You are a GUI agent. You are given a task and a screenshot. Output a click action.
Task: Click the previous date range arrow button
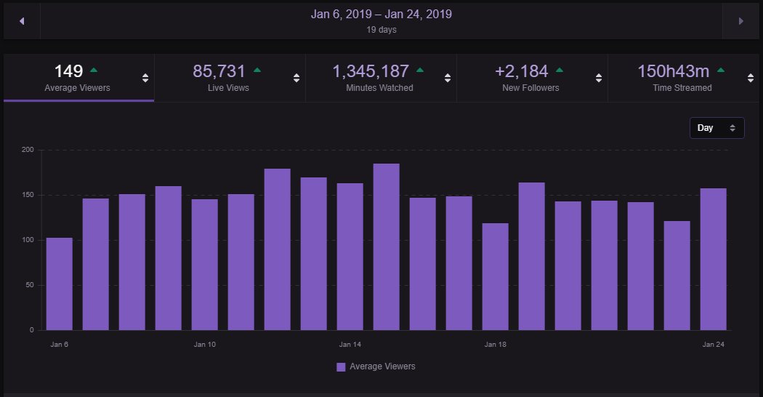coord(22,21)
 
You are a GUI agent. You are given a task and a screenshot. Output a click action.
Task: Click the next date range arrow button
coord(740,21)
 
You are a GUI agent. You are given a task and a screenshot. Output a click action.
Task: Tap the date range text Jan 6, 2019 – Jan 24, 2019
coord(381,14)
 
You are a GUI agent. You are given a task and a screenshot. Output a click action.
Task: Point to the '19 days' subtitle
coord(381,31)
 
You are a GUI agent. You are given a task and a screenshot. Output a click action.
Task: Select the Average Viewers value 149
coord(69,71)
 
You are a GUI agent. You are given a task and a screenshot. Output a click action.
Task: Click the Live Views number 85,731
coord(219,71)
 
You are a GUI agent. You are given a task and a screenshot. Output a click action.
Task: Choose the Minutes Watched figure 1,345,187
coord(371,71)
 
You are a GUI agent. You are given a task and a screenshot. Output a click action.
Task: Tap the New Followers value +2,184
coord(521,71)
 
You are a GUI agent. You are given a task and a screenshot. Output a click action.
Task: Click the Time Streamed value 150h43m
coord(672,71)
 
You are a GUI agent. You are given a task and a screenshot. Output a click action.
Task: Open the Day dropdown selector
coord(716,128)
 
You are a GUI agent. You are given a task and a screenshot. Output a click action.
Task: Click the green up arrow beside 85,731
coord(257,70)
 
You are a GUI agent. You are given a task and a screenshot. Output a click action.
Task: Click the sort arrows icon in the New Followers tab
coord(598,79)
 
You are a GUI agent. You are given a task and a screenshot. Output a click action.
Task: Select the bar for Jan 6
coord(60,284)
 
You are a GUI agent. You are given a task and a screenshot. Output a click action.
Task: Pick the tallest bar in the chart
coord(387,247)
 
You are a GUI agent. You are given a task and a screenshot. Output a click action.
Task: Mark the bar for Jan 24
coord(714,259)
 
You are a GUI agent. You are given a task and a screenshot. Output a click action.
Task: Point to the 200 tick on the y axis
coord(28,150)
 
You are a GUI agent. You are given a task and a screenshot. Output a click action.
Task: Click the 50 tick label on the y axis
coord(30,285)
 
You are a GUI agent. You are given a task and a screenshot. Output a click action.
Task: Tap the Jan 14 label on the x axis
coord(350,344)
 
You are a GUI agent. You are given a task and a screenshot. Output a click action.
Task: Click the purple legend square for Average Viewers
coord(341,367)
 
